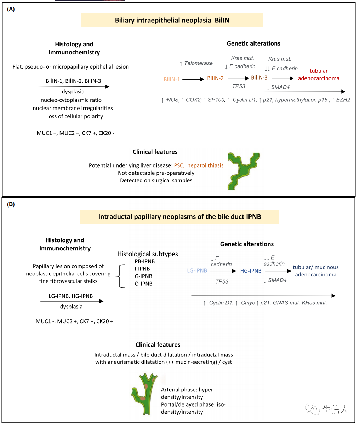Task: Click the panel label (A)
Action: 11,10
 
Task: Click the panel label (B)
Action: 11,204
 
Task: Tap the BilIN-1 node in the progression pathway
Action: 172,79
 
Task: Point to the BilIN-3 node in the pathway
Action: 259,77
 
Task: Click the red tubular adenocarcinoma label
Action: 319,75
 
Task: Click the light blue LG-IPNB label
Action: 197,271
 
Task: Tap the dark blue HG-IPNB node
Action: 251,271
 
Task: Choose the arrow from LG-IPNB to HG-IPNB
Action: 223,271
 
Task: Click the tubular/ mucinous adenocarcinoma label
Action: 315,271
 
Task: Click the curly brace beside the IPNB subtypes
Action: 122,272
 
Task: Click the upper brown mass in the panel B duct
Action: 146,385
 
